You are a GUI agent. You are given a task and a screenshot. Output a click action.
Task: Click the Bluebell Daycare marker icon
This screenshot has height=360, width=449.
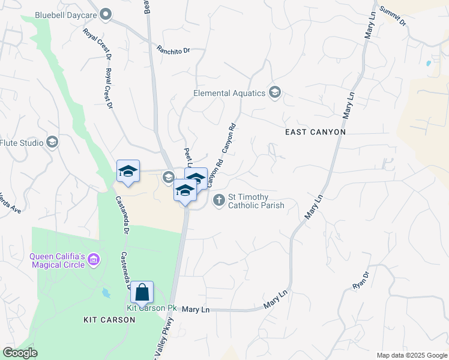pyautogui.click(x=106, y=13)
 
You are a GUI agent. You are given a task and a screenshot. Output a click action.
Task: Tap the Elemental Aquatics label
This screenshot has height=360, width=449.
pyautogui.click(x=229, y=93)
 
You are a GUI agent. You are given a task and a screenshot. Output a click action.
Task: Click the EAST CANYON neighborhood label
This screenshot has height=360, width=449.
pyautogui.click(x=315, y=131)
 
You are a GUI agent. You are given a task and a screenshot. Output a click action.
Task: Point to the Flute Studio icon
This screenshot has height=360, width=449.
pyautogui.click(x=52, y=143)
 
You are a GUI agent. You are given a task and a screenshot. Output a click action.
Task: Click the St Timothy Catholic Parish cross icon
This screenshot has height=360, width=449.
pyautogui.click(x=219, y=200)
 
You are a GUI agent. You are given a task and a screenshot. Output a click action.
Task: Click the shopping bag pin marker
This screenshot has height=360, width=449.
pyautogui.click(x=142, y=293)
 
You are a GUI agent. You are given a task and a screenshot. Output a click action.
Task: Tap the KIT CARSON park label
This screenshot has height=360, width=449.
pyautogui.click(x=109, y=320)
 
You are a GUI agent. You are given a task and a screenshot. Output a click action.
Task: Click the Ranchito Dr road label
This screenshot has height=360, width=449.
pyautogui.click(x=173, y=50)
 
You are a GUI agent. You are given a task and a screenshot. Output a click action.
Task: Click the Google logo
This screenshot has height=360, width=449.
pyautogui.click(x=20, y=353)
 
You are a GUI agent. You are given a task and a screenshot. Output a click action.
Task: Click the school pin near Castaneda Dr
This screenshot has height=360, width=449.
pyautogui.click(x=128, y=172)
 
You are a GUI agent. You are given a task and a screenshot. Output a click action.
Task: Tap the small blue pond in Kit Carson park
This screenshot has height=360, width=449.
pyautogui.click(x=106, y=293)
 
